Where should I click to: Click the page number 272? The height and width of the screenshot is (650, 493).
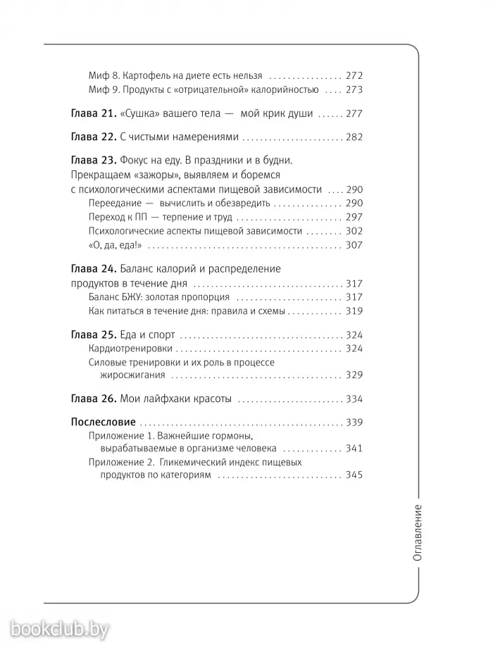(x=354, y=75)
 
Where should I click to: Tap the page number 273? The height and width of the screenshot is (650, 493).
(x=354, y=90)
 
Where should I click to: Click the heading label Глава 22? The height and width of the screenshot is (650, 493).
(x=94, y=137)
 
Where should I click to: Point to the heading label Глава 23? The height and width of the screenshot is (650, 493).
(x=94, y=160)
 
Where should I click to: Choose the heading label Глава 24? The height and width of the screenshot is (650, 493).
(x=94, y=269)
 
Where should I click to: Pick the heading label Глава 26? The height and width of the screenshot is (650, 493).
(x=94, y=399)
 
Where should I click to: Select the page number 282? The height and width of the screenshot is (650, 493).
(x=354, y=137)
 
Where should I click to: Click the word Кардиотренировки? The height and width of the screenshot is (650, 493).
(x=131, y=349)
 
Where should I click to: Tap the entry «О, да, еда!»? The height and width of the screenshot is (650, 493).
(x=116, y=245)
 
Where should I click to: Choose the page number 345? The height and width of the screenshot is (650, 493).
(x=354, y=476)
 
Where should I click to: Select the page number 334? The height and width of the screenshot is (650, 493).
(x=354, y=399)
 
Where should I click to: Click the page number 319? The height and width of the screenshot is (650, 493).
(x=354, y=311)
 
